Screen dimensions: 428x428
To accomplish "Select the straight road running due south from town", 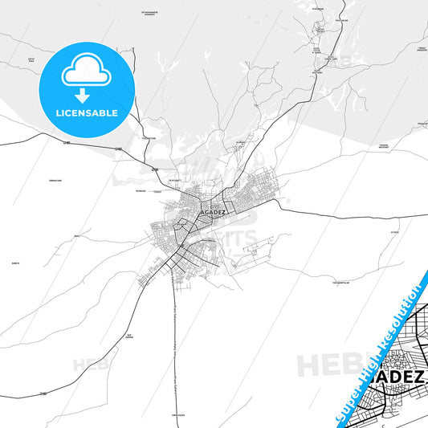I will click(x=173, y=337).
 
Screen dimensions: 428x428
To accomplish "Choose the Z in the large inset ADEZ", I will click(x=419, y=376).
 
